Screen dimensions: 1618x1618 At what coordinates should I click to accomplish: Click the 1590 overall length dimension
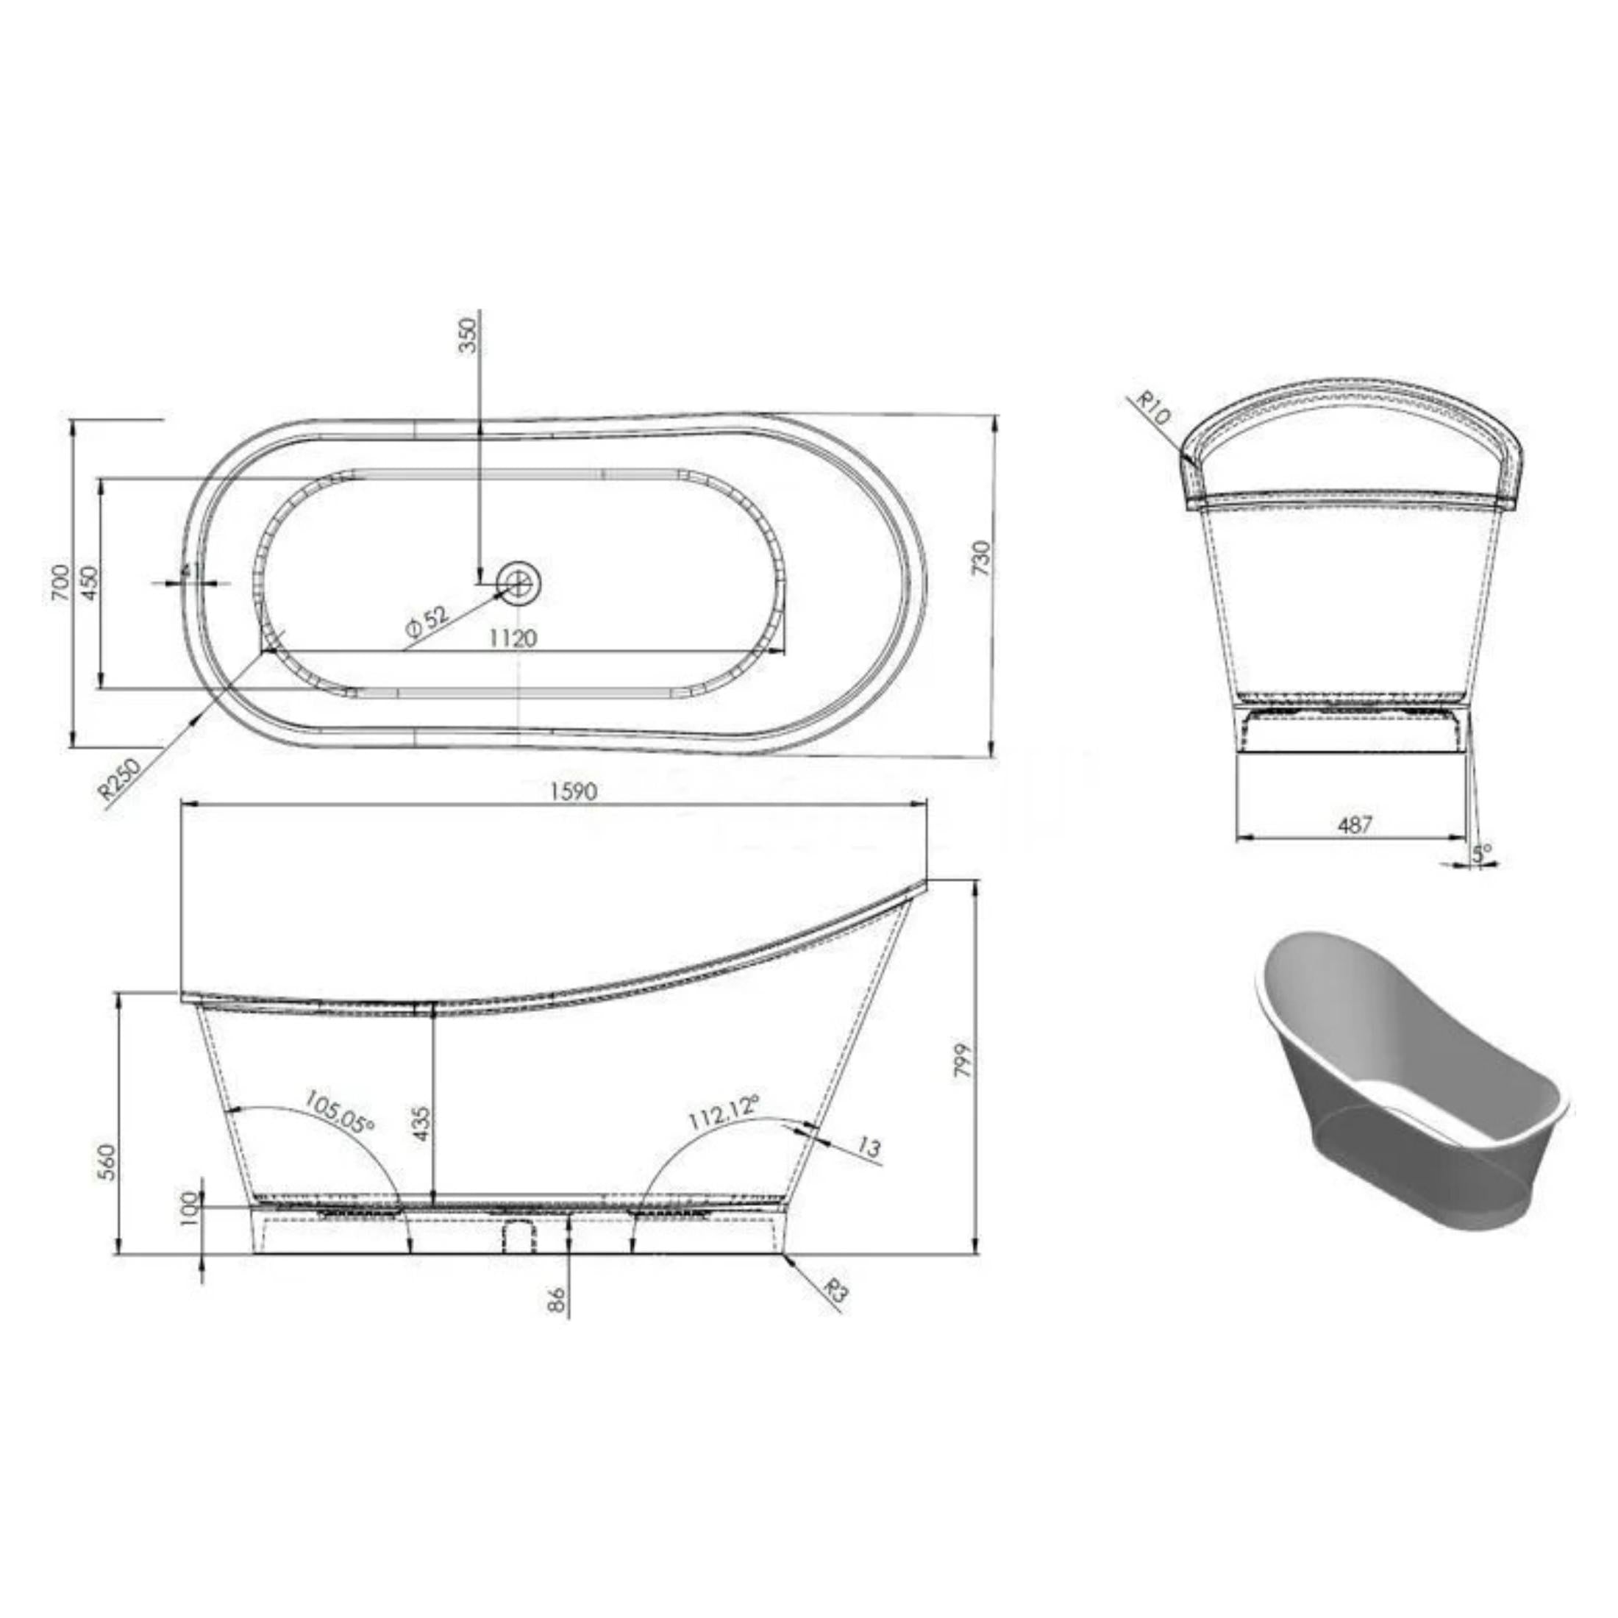tap(574, 791)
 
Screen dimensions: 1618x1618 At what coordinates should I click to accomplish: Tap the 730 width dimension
tap(982, 560)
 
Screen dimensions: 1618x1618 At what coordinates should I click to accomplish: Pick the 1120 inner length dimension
tap(513, 638)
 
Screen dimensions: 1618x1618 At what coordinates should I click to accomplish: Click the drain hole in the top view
tap(519, 581)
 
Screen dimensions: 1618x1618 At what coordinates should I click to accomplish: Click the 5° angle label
tap(1483, 853)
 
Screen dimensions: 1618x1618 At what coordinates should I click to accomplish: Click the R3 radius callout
tap(834, 1291)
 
